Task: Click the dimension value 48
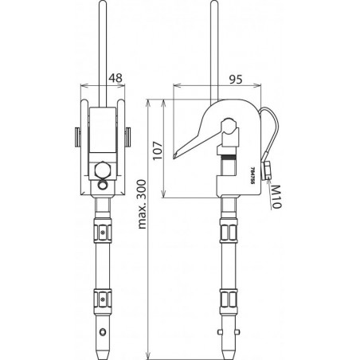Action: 116,78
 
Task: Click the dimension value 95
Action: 236,80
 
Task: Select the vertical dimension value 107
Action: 157,151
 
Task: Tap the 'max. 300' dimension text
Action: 142,204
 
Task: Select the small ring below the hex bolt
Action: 103,185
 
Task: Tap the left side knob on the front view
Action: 77,137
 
